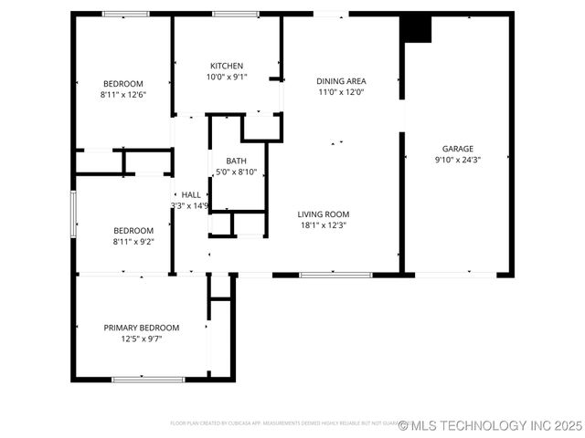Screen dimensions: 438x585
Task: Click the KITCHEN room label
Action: point(227,66)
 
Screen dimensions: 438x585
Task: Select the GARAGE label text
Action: point(458,149)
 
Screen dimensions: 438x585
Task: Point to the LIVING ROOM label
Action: point(324,214)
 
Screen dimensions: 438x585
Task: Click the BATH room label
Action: point(237,161)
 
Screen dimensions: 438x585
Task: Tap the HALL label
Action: point(191,194)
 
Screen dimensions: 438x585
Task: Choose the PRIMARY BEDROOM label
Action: point(141,328)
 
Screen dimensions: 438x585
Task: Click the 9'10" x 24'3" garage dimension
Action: point(458,160)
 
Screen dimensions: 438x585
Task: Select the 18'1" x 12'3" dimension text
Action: point(323,225)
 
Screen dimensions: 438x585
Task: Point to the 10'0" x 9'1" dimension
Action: point(227,77)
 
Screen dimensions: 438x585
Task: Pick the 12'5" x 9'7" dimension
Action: point(141,339)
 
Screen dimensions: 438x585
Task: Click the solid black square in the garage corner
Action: point(417,29)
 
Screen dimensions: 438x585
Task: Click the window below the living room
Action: point(335,274)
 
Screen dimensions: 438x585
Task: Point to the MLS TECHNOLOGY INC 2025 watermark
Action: point(490,425)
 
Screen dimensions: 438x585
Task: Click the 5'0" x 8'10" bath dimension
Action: point(237,172)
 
